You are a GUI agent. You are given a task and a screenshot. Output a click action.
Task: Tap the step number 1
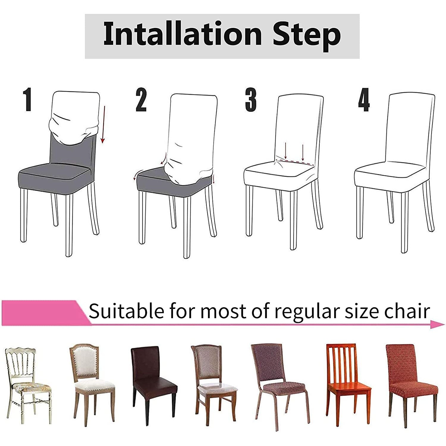pyautogui.click(x=28, y=100)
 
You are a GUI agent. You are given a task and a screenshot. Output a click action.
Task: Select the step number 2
pyautogui.click(x=141, y=100)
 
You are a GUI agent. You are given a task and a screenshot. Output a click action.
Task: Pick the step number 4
pyautogui.click(x=364, y=100)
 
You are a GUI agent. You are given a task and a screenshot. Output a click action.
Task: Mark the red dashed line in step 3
pyautogui.click(x=294, y=162)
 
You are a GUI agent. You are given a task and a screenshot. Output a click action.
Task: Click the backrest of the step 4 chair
pyautogui.click(x=410, y=128)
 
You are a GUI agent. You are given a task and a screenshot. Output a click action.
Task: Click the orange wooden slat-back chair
pyautogui.click(x=348, y=384)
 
